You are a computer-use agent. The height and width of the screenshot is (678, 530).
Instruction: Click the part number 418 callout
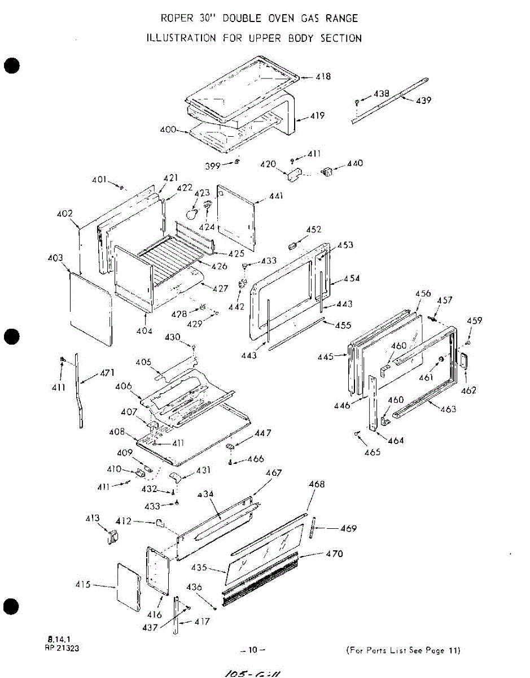[323, 77]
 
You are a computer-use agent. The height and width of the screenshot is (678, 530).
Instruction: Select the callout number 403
[55, 258]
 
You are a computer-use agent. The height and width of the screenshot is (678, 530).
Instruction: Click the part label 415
[83, 585]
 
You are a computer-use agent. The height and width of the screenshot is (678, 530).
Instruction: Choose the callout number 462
[468, 390]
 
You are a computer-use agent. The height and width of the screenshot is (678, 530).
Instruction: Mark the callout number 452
[314, 229]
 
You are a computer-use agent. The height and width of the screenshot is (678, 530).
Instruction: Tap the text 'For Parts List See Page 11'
[402, 650]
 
